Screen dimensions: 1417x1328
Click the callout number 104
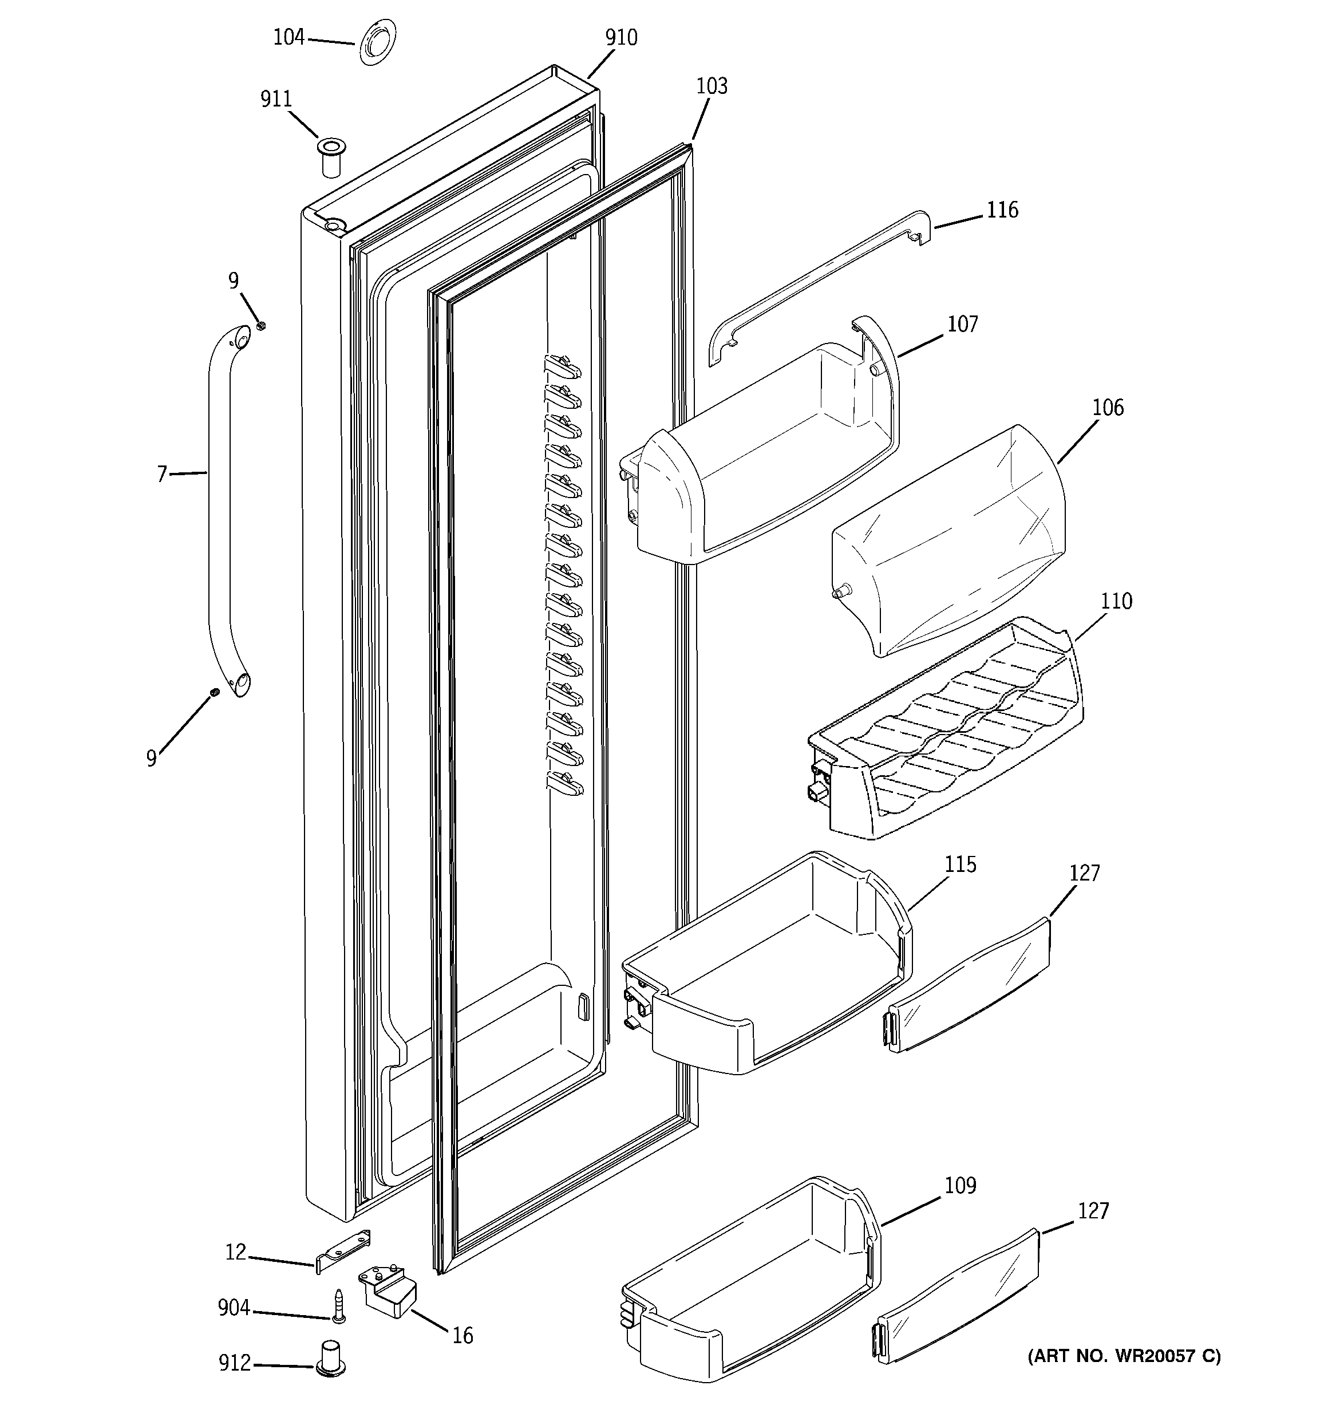coord(288,37)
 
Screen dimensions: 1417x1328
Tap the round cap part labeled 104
coord(377,44)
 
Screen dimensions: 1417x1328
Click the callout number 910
coord(621,38)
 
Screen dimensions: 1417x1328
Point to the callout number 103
coord(712,86)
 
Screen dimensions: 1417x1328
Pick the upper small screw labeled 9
coord(261,326)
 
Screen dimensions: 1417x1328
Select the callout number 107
coord(962,324)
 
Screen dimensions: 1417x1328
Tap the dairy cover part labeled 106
coord(948,542)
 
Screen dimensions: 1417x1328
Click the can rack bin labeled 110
coord(948,734)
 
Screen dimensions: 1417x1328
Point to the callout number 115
coord(960,865)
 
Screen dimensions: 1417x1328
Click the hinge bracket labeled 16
coord(390,1292)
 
